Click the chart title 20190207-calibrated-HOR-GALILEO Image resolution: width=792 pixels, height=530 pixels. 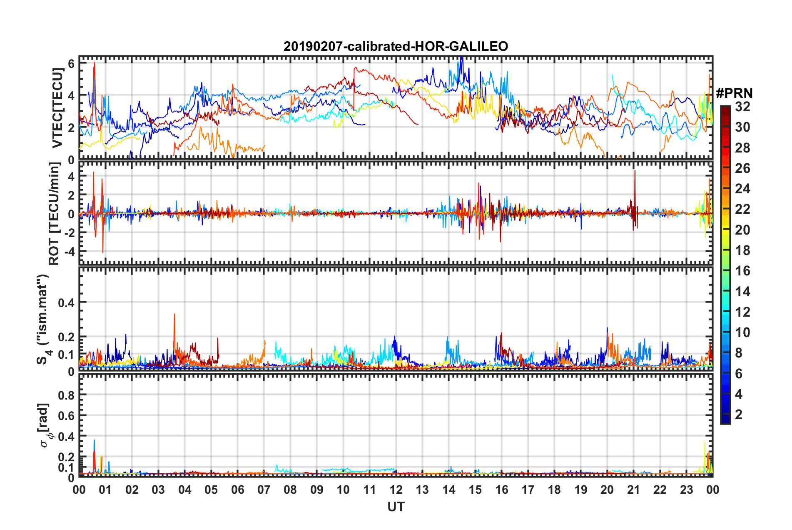(396, 46)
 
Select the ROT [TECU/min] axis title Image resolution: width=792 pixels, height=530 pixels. (54, 213)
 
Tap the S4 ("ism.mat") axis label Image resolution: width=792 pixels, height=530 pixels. (43, 320)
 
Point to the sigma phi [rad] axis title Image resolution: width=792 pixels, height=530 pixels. (45, 425)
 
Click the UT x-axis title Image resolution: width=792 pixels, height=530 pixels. (396, 507)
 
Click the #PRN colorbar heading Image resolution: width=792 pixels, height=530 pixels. (734, 93)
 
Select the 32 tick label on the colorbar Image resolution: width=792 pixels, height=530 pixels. (742, 107)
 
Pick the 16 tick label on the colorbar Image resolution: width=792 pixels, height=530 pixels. (742, 271)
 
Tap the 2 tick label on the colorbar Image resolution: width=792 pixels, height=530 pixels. (739, 414)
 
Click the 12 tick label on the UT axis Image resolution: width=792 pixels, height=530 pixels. (396, 490)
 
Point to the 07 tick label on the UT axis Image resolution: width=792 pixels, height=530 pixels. (264, 490)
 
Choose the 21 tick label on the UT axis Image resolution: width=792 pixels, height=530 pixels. (633, 490)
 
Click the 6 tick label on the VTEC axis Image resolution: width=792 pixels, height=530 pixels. (71, 64)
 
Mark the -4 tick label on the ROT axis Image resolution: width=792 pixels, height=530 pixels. (68, 252)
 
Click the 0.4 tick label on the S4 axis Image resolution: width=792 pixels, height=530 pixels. (67, 302)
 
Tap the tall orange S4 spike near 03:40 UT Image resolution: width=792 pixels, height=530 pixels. (174, 317)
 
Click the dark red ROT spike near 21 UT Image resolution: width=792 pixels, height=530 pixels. (635, 173)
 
